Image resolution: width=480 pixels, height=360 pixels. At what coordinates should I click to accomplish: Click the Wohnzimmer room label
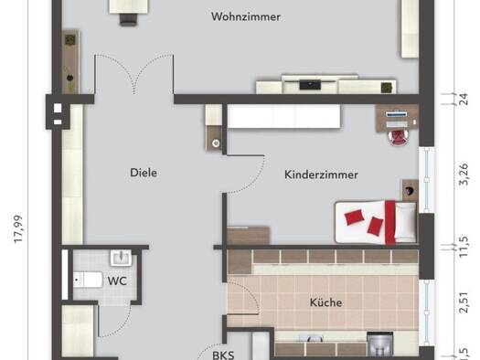(246, 16)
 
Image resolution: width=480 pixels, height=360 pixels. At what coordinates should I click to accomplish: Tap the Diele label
(144, 173)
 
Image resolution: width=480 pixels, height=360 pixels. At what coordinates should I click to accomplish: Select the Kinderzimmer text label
(321, 175)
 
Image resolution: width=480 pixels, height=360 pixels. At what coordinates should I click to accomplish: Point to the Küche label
(325, 302)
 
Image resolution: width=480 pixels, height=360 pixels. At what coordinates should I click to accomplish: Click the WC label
(117, 281)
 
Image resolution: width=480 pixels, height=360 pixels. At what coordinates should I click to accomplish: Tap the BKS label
(223, 355)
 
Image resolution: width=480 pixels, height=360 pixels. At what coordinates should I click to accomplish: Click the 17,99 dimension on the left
(18, 229)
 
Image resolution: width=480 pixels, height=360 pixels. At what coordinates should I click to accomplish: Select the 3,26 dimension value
(464, 175)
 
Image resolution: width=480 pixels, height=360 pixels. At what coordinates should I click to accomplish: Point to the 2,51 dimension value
(464, 302)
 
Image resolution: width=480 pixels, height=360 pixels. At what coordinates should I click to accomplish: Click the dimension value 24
(464, 100)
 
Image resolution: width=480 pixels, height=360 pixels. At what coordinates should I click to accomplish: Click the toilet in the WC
(88, 280)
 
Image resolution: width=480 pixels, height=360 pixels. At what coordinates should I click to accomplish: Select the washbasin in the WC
(122, 258)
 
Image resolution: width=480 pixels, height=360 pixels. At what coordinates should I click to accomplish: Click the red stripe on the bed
(390, 222)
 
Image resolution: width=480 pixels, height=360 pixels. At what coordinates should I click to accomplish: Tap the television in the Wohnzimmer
(310, 84)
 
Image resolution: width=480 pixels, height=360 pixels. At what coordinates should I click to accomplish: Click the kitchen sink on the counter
(311, 338)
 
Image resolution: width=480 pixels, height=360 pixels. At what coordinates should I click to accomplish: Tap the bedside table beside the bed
(410, 190)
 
